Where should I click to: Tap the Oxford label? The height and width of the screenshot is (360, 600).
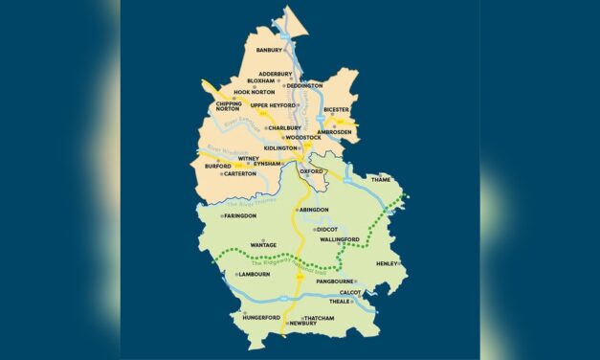pyautogui.click(x=312, y=171)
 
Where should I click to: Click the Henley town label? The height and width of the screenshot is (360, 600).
pyautogui.click(x=387, y=263)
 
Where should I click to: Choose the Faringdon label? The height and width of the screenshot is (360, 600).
pyautogui.click(x=239, y=216)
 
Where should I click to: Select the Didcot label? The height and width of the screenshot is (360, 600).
pyautogui.click(x=327, y=230)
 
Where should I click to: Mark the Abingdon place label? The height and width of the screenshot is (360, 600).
pyautogui.click(x=314, y=209)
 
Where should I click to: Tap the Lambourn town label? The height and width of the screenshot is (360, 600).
pyautogui.click(x=254, y=275)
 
